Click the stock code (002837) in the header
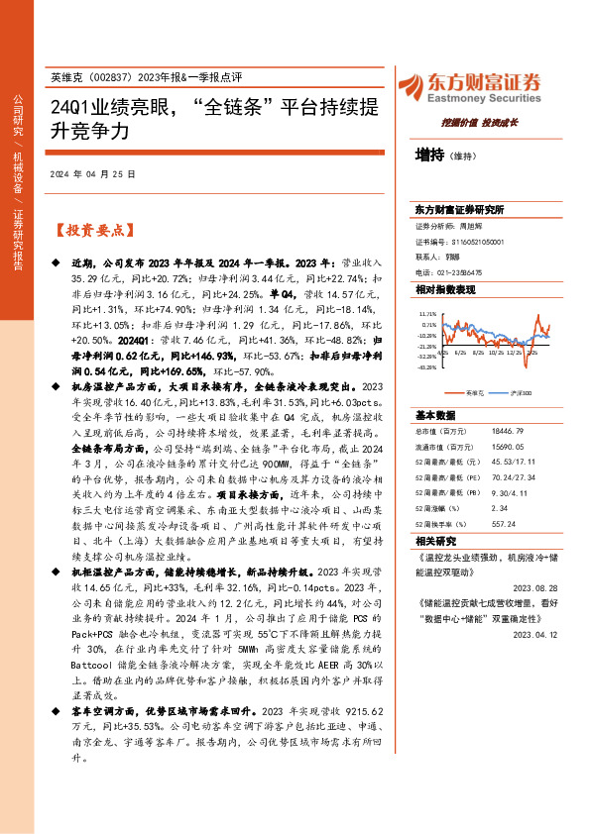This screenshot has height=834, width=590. [115, 77]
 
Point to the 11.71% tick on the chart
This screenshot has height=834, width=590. [427, 312]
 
